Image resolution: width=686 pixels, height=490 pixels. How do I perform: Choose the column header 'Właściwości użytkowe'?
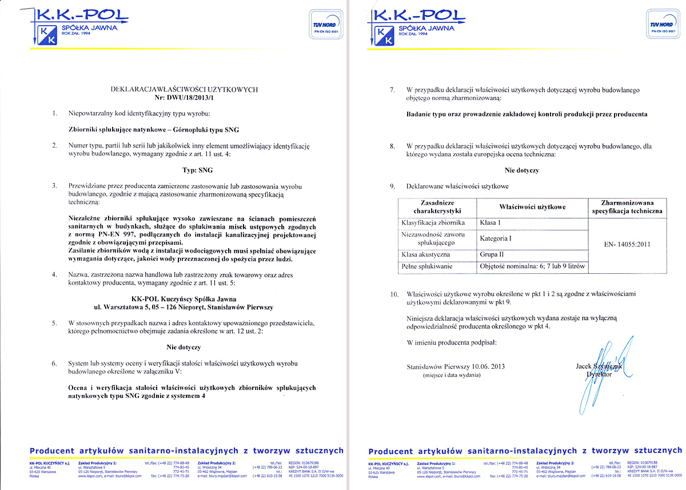tap(532, 206)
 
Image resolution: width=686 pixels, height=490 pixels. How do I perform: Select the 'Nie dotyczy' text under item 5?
tap(184, 346)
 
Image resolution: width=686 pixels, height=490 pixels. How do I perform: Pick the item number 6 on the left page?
tap(54, 363)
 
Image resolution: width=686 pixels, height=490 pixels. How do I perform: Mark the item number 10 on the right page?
tap(393, 293)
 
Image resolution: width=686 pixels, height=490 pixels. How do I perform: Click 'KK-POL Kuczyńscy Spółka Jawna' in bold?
tap(184, 298)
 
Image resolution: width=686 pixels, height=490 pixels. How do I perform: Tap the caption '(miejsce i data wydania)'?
tap(452, 376)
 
